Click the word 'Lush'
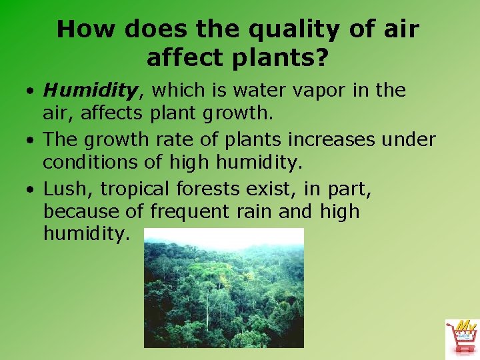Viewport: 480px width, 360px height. [67, 189]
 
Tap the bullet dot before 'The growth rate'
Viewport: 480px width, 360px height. [31, 141]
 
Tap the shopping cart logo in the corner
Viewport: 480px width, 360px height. [462, 337]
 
